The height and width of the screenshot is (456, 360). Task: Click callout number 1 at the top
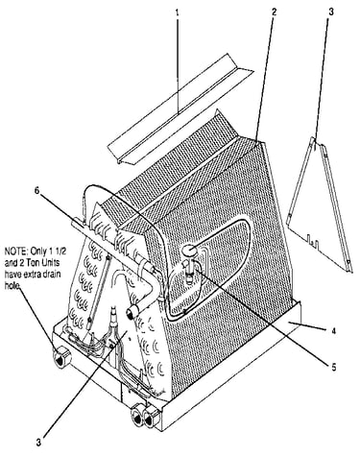tap(177, 12)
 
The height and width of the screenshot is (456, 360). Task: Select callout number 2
tap(274, 12)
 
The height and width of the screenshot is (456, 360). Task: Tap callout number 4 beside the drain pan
tap(334, 332)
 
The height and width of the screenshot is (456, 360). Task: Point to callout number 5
tap(334, 368)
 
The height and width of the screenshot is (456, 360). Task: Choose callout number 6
tap(36, 191)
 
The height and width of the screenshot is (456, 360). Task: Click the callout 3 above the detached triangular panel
tap(331, 12)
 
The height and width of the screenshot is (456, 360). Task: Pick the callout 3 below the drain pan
tap(38, 444)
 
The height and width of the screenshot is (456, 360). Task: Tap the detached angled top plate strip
tap(179, 109)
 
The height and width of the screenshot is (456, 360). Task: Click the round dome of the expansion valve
tap(190, 250)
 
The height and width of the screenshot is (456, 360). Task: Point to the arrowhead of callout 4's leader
tap(289, 324)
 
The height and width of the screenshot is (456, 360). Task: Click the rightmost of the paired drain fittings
tap(151, 419)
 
